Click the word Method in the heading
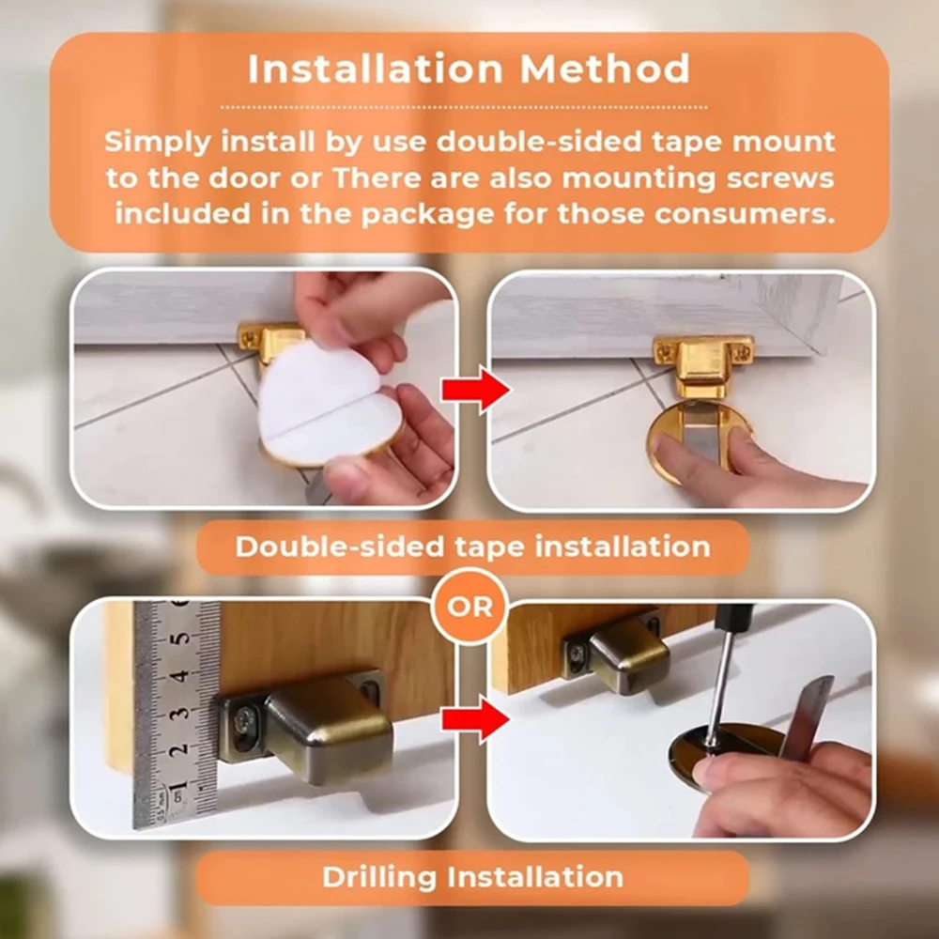click(x=605, y=69)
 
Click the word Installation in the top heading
click(x=376, y=69)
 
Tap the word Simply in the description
click(x=158, y=143)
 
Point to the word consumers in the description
click(x=745, y=214)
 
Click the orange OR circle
click(x=469, y=607)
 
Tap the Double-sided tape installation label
click(x=472, y=546)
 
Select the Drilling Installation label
click(x=472, y=877)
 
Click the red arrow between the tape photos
click(x=476, y=390)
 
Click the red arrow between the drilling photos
click(x=476, y=719)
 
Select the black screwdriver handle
click(x=735, y=621)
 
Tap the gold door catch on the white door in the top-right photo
click(x=703, y=364)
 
